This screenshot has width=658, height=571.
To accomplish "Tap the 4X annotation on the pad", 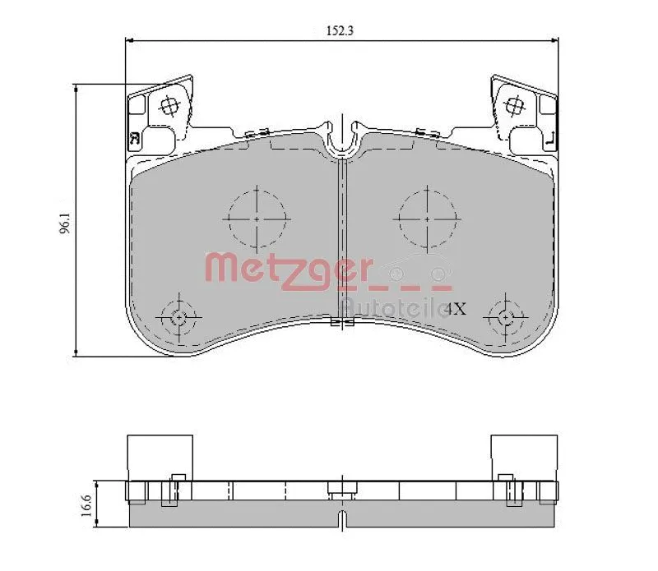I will point(456,310).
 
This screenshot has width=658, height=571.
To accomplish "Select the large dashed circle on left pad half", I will point(257,219).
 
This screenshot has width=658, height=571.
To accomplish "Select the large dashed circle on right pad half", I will point(426,219).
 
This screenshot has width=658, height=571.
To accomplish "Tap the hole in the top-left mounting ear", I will point(169,105).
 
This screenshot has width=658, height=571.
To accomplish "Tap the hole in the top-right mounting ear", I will point(515,105).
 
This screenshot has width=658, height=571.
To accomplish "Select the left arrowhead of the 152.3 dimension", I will point(127,39).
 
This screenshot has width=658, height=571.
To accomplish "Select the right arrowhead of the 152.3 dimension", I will point(557,39).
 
